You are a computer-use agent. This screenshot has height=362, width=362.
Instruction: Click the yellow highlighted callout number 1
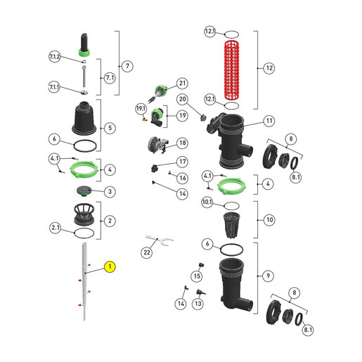pyautogui.click(x=110, y=266)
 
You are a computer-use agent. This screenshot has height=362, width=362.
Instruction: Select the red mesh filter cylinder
pyautogui.click(x=232, y=70)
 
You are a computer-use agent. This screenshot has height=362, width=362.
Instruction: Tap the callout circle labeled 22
pyautogui.click(x=147, y=252)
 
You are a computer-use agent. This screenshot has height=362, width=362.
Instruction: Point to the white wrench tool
pyautogui.click(x=160, y=240)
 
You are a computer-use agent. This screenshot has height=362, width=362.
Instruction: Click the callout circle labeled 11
pyautogui.click(x=269, y=121)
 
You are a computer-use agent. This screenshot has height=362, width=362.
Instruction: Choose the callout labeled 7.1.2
pyautogui.click(x=55, y=57)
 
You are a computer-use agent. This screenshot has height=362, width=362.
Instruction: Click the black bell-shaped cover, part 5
pyautogui.click(x=84, y=118)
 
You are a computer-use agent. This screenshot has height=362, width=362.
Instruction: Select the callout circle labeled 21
pyautogui.click(x=182, y=84)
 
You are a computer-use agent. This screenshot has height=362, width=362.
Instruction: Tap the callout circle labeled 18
pyautogui.click(x=183, y=143)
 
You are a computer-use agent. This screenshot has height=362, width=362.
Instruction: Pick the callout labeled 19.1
pyautogui.click(x=141, y=108)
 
